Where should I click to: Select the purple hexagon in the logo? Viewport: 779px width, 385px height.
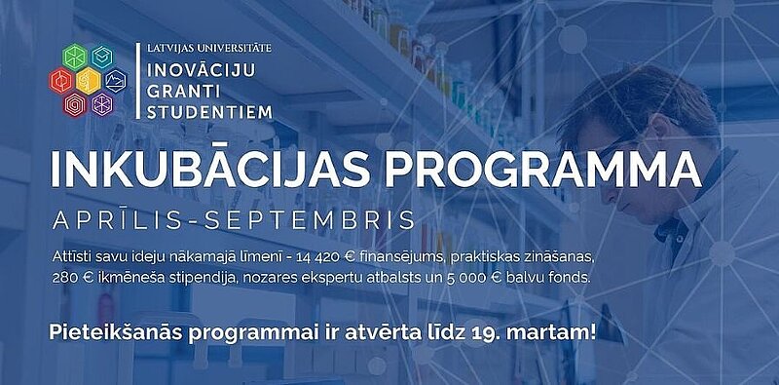point(103,102)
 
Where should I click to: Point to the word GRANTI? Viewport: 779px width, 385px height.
point(179,90)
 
